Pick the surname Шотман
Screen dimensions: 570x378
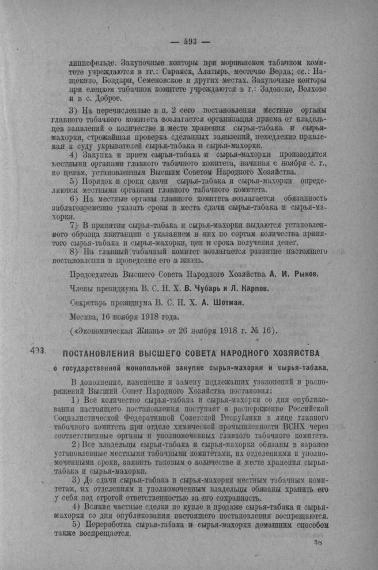[x=226, y=302]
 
